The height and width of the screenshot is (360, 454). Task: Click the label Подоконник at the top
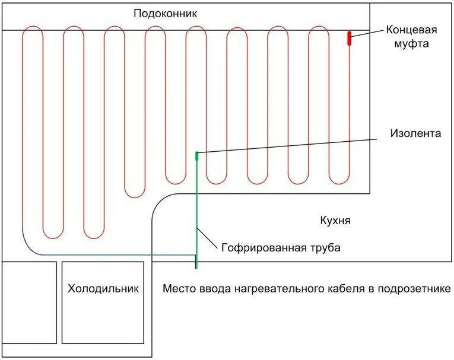165,13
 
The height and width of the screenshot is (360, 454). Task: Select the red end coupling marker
350,38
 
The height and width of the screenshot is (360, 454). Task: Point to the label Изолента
416,133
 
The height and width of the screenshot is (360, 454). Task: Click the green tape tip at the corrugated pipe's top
197,155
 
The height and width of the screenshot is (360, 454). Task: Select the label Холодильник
103,289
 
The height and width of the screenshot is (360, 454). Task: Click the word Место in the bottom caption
177,289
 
